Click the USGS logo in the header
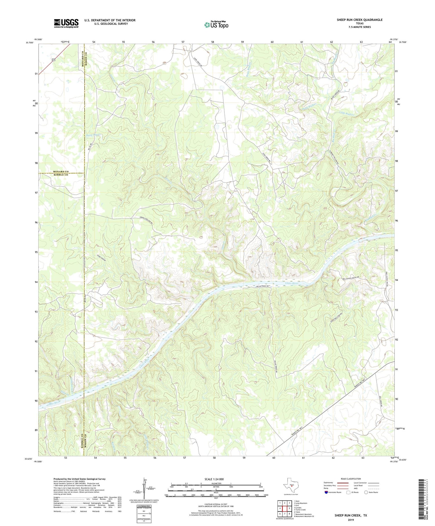[x=66, y=23]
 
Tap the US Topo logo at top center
[x=216, y=25]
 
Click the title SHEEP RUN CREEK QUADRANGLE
[x=360, y=20]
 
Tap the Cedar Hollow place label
[x=101, y=258]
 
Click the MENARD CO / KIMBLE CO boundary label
[x=61, y=173]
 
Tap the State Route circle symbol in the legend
[x=366, y=492]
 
